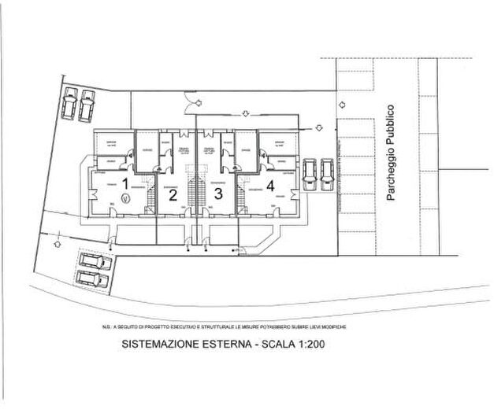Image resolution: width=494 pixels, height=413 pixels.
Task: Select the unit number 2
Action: coord(173,194)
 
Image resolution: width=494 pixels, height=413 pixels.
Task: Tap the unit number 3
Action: coord(218,192)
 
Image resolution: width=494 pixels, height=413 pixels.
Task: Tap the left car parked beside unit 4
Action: coord(310,174)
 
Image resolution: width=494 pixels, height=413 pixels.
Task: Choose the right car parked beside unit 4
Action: coord(326,174)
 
